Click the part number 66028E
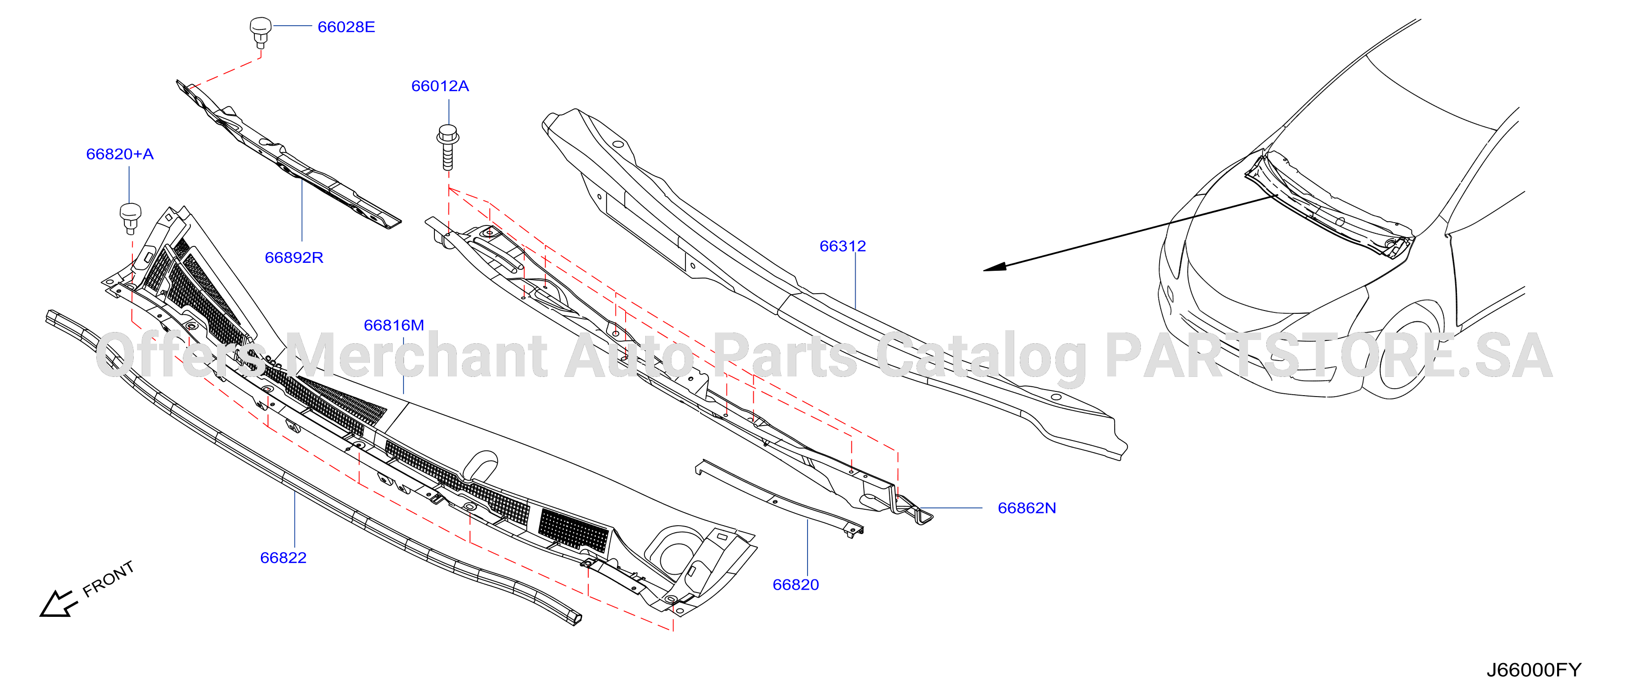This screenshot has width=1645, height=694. [x=346, y=27]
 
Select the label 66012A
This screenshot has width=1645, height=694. [x=440, y=86]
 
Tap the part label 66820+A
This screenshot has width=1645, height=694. [x=120, y=154]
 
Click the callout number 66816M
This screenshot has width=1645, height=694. [x=394, y=325]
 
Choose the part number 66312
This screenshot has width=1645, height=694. [x=843, y=246]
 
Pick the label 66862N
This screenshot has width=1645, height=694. [x=1027, y=508]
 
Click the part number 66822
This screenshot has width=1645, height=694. [x=283, y=558]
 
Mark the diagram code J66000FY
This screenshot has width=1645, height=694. [x=1534, y=670]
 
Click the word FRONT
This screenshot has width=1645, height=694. [x=108, y=578]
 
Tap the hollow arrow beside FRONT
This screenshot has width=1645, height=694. [x=58, y=604]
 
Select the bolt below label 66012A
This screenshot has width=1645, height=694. [x=447, y=147]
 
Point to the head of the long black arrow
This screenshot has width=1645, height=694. [x=994, y=267]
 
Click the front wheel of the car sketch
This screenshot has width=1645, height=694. [x=1402, y=355]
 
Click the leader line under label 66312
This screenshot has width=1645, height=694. [x=856, y=282]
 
